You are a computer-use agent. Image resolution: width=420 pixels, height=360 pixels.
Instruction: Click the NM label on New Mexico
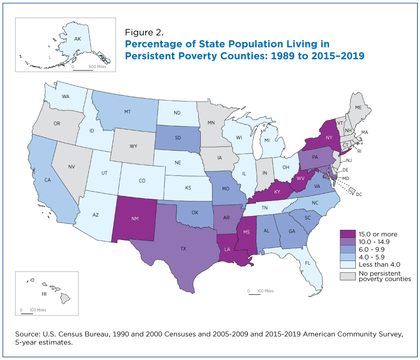(135, 219)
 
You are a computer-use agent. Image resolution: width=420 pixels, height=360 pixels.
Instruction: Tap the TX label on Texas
(183, 249)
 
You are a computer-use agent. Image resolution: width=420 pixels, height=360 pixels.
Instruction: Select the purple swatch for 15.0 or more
(348, 234)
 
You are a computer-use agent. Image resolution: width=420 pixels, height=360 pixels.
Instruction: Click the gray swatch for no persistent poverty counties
(348, 276)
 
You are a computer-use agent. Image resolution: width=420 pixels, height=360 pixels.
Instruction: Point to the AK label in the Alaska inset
(78, 39)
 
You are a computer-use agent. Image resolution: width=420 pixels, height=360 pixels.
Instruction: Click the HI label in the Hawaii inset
(44, 294)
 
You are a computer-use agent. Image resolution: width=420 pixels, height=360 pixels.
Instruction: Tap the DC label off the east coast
(359, 194)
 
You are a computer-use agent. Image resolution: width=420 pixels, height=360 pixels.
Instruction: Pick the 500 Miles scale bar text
(97, 67)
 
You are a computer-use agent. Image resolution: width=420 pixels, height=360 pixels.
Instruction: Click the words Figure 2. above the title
(144, 32)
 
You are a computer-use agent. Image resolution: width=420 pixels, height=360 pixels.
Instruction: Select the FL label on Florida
(307, 263)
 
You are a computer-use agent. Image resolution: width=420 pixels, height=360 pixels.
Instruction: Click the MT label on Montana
(128, 112)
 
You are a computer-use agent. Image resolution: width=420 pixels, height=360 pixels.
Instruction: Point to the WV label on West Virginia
(301, 178)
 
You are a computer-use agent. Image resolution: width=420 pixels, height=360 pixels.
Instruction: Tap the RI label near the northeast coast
(359, 151)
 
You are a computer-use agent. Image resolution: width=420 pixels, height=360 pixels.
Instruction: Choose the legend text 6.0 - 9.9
(372, 250)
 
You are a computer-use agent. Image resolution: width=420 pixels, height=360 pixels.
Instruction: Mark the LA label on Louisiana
(227, 250)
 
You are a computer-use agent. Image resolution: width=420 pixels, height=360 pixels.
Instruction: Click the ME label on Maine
(358, 107)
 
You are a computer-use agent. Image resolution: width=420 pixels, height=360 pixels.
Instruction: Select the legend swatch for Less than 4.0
(348, 264)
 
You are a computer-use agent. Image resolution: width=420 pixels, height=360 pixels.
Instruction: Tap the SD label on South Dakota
(178, 138)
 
